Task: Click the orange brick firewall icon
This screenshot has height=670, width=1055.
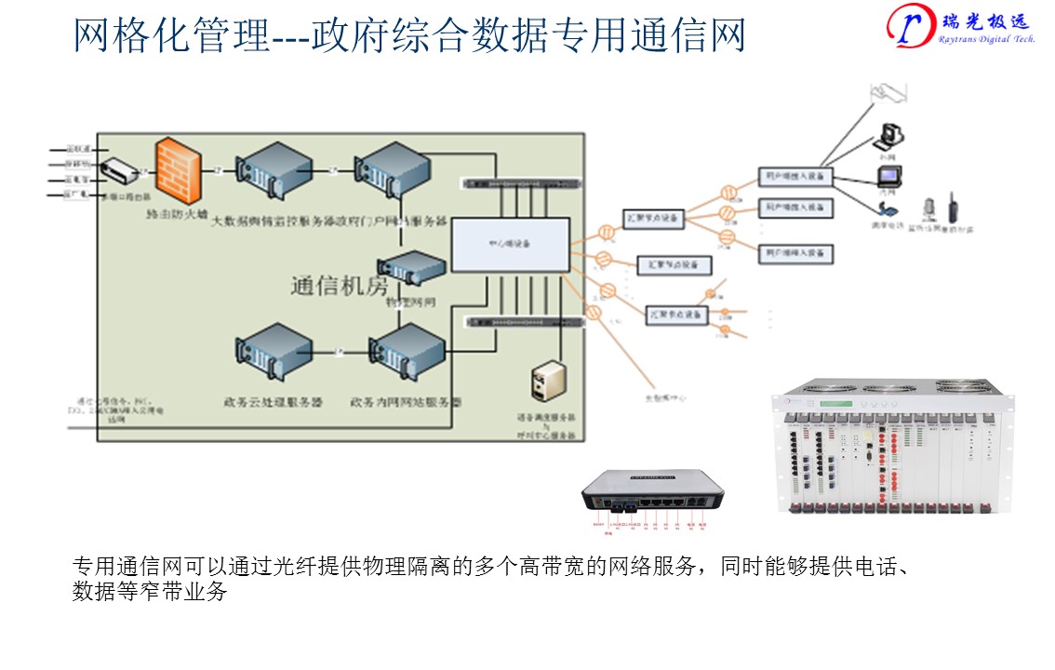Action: point(179,171)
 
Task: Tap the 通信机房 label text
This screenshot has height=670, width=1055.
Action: point(339,287)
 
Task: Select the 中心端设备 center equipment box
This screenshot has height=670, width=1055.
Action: point(510,245)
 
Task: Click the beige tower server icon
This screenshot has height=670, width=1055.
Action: point(547,385)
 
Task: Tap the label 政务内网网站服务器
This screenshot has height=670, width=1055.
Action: point(406,403)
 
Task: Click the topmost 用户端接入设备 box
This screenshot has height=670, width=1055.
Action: point(795,176)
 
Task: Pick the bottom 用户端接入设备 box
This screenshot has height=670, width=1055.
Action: point(795,252)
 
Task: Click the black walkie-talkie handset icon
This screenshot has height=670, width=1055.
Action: point(952,208)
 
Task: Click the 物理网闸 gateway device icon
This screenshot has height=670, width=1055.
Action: point(411,269)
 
